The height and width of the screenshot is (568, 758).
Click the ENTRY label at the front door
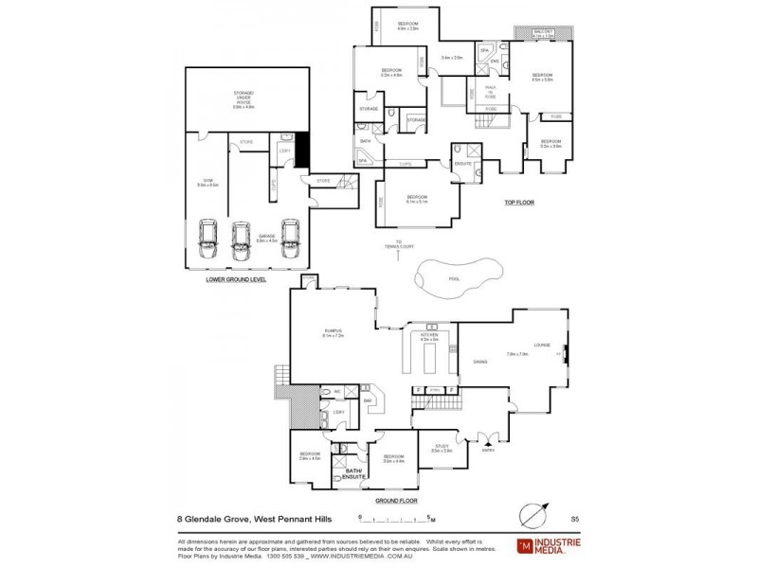click(x=488, y=450)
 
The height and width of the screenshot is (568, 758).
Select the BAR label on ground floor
click(x=368, y=401)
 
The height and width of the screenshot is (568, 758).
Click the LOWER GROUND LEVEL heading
click(x=236, y=280)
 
